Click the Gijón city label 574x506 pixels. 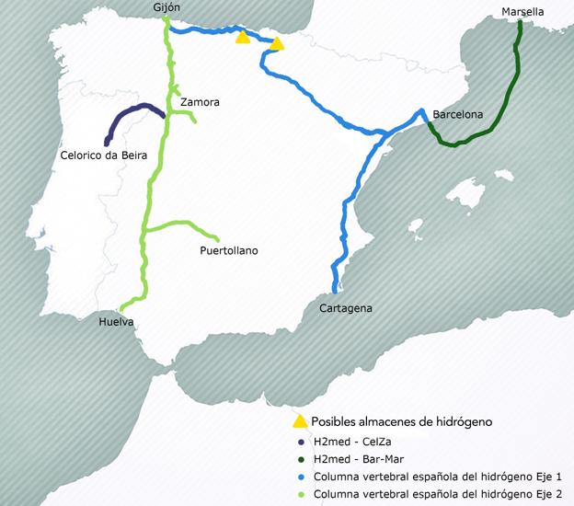pyautogui.click(x=167, y=7)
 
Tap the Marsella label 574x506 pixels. pyautogui.click(x=522, y=11)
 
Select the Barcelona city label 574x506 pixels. pyautogui.click(x=457, y=115)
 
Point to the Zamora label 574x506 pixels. pyautogui.click(x=201, y=102)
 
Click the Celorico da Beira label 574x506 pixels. pyautogui.click(x=103, y=156)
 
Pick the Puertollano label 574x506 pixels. pyautogui.click(x=229, y=250)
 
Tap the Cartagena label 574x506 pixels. pyautogui.click(x=345, y=308)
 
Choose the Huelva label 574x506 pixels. pyautogui.click(x=118, y=322)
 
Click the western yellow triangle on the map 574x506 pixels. pyautogui.click(x=242, y=37)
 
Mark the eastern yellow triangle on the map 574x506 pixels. pyautogui.click(x=276, y=42)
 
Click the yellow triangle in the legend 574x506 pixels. pyautogui.click(x=299, y=421)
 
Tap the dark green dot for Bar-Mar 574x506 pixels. pyautogui.click(x=300, y=458)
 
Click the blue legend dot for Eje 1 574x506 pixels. pyautogui.click(x=300, y=477)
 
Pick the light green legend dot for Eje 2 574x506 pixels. pyautogui.click(x=300, y=495)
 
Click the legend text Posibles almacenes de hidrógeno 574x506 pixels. pyautogui.click(x=402, y=421)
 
